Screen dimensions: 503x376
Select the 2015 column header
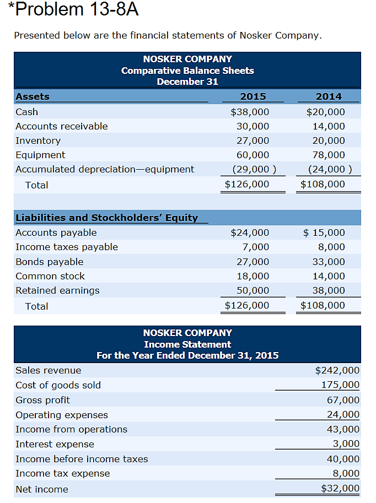253,96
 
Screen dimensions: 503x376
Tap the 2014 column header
329,96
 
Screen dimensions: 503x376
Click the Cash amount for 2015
250,112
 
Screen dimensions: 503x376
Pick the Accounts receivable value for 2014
329,126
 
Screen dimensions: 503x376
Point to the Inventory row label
38,140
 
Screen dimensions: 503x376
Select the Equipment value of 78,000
329,155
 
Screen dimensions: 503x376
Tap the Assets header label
33,96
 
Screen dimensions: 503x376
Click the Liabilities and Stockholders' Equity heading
106,218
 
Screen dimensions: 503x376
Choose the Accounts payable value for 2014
325,232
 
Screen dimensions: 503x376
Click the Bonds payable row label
50,262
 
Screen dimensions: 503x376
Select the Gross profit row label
43,400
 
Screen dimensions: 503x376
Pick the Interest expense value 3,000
347,443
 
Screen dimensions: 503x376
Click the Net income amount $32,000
340,489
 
